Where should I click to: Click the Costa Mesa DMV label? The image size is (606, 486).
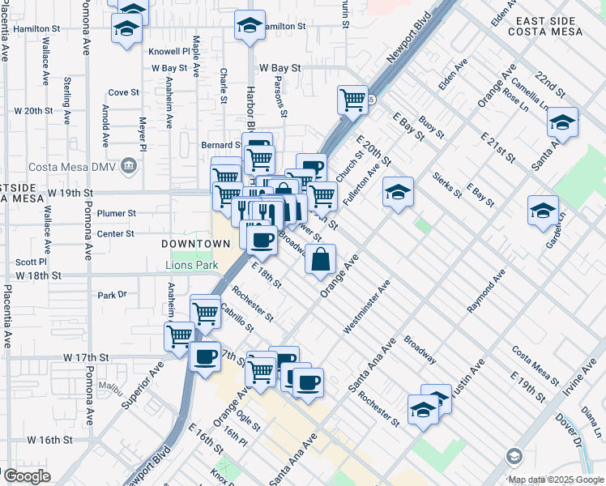coord(72,168)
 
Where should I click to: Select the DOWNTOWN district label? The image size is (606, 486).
coord(195,244)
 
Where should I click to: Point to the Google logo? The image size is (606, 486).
coord(26,475)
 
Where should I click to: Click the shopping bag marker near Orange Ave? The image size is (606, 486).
coord(321,260)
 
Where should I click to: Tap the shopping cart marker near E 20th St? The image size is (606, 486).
coord(352,100)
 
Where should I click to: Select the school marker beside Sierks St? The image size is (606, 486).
coord(397,193)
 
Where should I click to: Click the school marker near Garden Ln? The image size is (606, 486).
coord(543,211)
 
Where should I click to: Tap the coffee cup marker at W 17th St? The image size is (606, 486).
coord(205,356)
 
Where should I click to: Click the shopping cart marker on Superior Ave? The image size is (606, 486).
coord(179,336)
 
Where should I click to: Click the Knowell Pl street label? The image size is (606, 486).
coord(169,50)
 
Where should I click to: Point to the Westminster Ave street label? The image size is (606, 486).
coord(366,306)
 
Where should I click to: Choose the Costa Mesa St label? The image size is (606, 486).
coord(535,366)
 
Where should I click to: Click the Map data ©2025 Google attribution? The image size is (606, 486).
coord(557,480)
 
